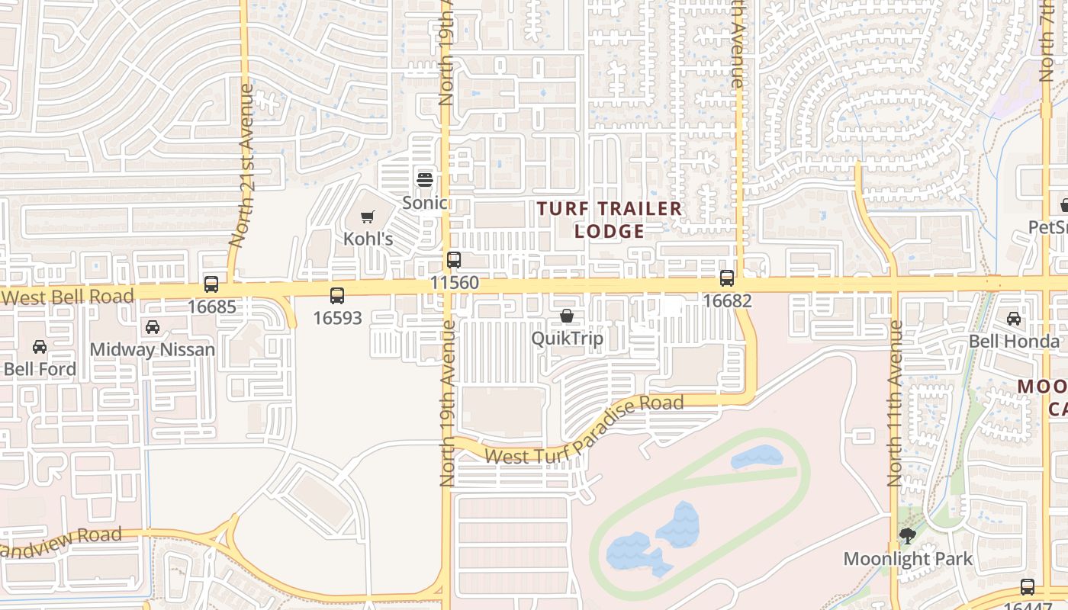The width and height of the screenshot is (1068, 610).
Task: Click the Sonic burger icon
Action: pos(425,180)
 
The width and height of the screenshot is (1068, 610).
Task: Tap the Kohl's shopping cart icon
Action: pos(368,217)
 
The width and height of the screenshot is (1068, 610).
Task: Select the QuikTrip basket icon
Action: pos(566,316)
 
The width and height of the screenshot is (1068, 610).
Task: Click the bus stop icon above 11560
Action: pos(454,260)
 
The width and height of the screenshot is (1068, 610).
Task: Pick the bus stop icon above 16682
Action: pos(727,278)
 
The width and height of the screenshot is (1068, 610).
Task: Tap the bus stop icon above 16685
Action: pos(211,284)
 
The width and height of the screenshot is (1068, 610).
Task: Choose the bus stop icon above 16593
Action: pos(337,296)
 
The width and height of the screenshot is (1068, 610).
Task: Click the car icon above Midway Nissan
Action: pos(153,327)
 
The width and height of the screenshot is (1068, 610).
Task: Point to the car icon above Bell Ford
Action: pos(40,347)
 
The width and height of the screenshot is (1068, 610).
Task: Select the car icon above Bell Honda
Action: pos(1014,319)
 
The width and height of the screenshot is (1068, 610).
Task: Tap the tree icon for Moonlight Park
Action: pos(908,536)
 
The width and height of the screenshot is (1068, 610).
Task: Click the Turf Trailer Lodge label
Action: pos(608,220)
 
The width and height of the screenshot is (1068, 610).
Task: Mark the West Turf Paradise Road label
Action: pos(584,430)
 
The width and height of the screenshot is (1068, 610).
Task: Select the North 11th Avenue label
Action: pos(895,403)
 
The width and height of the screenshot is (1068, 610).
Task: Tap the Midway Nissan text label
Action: pos(153,350)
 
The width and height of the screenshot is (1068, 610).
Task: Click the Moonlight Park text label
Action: pos(908,559)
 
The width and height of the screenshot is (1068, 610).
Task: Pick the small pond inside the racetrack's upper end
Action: pos(757,457)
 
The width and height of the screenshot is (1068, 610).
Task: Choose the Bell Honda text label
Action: pos(1014,342)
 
